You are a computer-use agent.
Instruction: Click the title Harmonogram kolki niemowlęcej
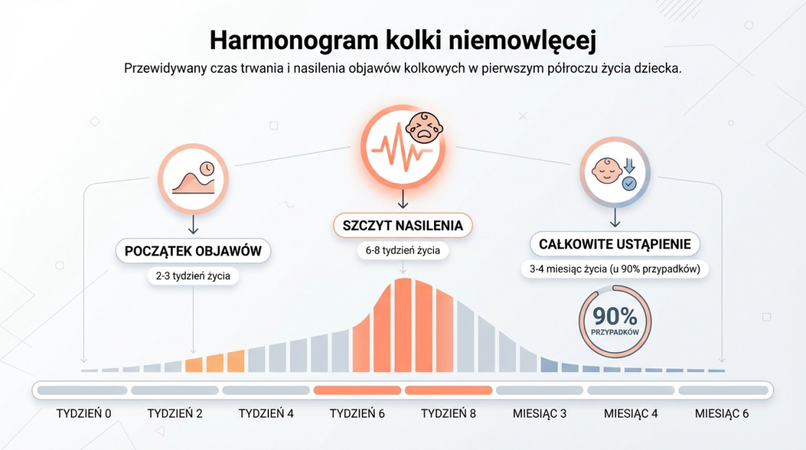(403, 39)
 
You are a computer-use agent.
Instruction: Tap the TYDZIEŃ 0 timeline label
(84, 414)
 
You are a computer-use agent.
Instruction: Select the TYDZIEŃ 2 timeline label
(175, 414)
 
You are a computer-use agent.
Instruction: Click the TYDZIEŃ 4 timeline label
(266, 414)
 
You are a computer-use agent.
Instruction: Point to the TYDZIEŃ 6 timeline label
(357, 414)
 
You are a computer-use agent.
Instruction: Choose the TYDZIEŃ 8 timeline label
(448, 414)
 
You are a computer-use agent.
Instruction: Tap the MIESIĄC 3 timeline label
(540, 414)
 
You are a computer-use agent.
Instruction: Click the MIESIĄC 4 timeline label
(631, 414)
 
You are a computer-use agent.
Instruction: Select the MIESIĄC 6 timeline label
(722, 414)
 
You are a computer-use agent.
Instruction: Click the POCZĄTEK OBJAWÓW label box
(193, 251)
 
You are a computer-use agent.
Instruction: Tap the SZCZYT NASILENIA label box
(403, 226)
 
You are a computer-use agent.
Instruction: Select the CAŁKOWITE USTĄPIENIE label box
(615, 244)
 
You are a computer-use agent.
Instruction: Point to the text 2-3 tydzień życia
(193, 276)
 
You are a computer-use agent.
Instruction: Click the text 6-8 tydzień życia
(403, 251)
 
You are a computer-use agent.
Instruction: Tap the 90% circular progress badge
(615, 321)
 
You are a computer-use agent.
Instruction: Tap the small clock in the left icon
(206, 169)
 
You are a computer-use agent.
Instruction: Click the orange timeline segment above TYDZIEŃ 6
(357, 391)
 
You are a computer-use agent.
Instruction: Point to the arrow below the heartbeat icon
(403, 197)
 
